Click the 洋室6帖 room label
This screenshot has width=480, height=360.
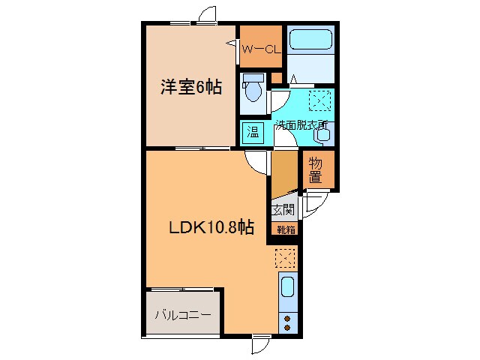pyautogui.click(x=191, y=87)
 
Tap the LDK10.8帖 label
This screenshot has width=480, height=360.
pyautogui.click(x=211, y=227)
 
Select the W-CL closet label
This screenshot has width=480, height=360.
pyautogui.click(x=261, y=49)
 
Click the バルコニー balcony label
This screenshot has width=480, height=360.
pyautogui.click(x=183, y=315)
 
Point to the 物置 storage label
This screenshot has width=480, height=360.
pyautogui.click(x=315, y=170)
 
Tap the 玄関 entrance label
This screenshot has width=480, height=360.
pyautogui.click(x=283, y=210)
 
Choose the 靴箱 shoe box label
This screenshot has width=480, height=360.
pyautogui.click(x=286, y=229)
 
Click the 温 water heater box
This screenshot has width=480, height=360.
pyautogui.click(x=253, y=133)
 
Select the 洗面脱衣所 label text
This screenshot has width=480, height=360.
pyautogui.click(x=301, y=125)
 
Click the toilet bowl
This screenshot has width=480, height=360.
pyautogui.click(x=253, y=91)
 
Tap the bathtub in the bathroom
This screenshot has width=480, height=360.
pyautogui.click(x=310, y=39)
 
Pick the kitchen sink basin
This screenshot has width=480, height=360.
pyautogui.click(x=287, y=286)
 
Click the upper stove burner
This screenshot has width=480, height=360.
pyautogui.click(x=287, y=319)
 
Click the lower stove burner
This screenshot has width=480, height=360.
pyautogui.click(x=287, y=328)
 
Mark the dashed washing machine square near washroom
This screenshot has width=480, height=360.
pyautogui.click(x=320, y=100)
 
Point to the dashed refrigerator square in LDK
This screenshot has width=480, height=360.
pyautogui.click(x=285, y=258)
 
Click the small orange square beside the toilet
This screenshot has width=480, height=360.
pyautogui.click(x=277, y=77)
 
